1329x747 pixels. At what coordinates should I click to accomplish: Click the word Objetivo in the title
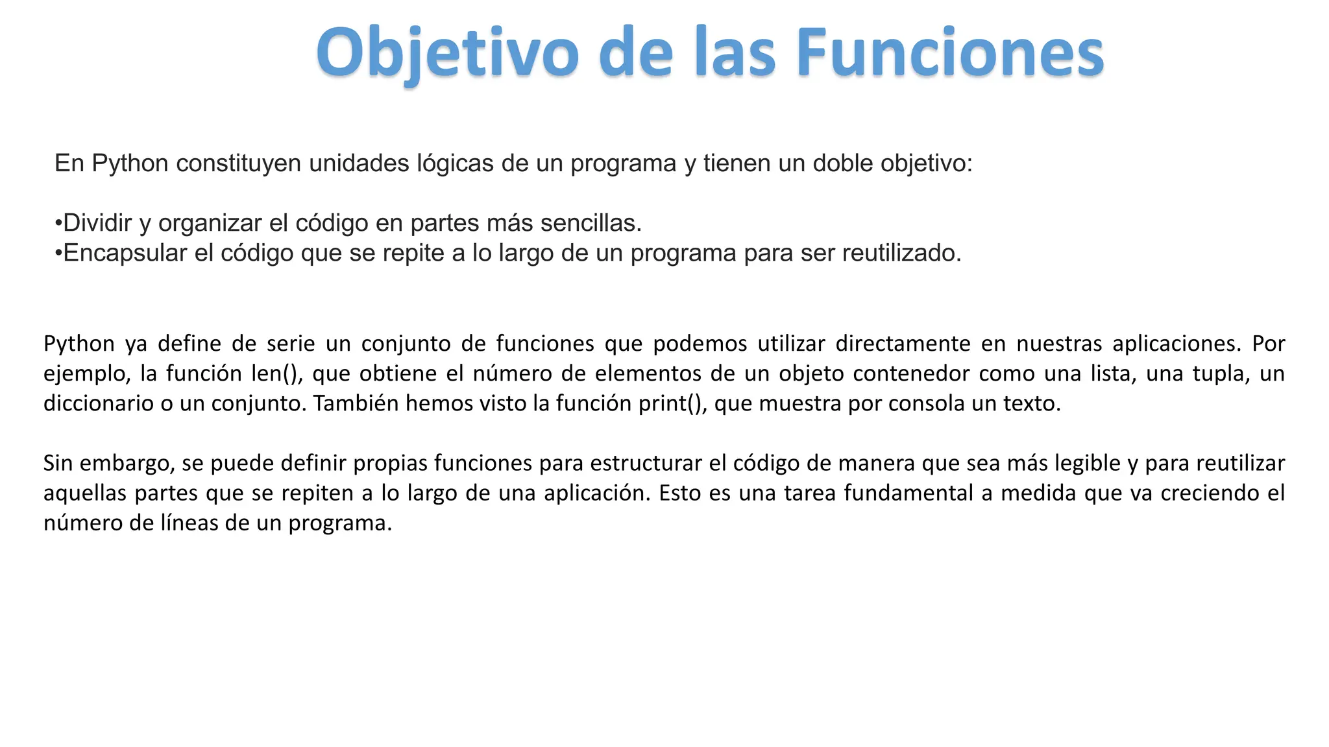448,53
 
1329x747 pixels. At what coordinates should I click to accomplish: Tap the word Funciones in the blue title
949,53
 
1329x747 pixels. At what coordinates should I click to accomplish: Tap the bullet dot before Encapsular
58,254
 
